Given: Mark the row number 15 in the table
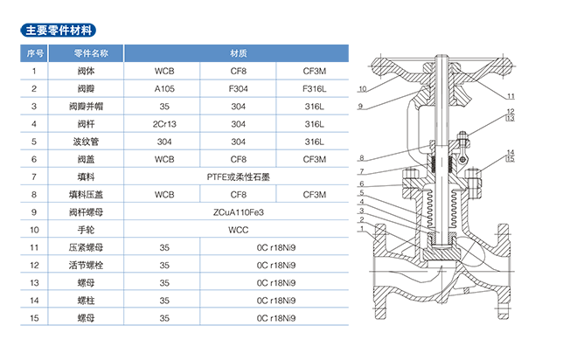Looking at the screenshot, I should pos(34,317).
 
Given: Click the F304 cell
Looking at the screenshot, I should pos(238,88).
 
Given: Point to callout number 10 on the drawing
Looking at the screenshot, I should pos(362,89).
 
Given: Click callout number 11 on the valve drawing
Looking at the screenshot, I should pos(511,94).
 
